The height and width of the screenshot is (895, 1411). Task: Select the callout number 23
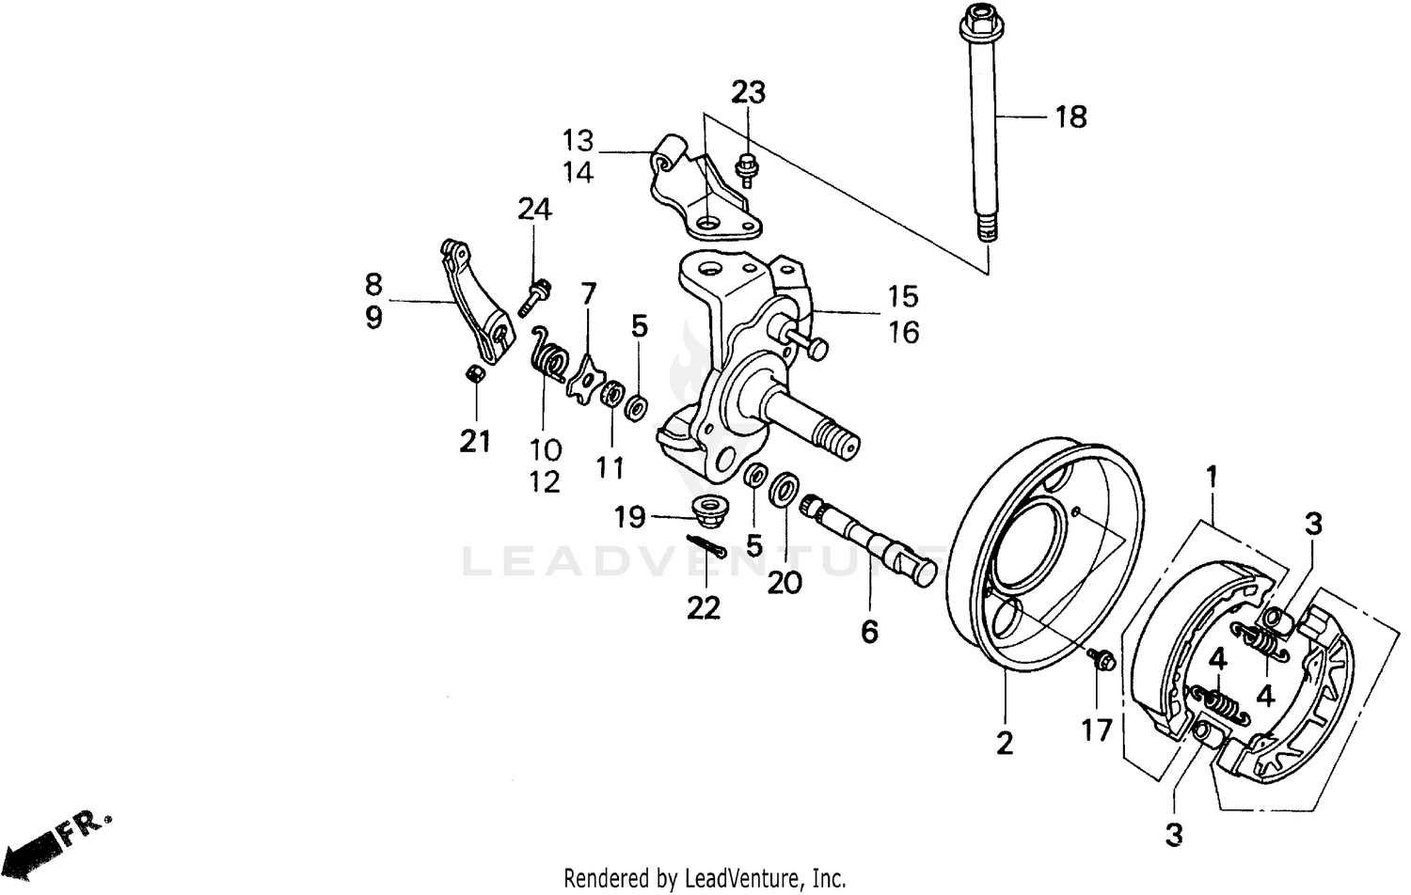point(748,92)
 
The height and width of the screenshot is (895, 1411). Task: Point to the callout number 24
point(534,209)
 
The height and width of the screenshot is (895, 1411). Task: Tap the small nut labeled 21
point(476,375)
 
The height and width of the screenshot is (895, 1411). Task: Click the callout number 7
point(589,293)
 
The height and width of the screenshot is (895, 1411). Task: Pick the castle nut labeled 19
point(705,510)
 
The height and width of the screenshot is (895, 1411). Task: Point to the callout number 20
point(785,583)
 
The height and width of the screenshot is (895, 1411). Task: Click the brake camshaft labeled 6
point(870,545)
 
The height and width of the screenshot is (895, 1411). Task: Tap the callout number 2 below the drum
point(1005,743)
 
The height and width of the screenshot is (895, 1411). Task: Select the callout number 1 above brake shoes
point(1212,477)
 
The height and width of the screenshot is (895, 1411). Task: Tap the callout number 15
point(902,296)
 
